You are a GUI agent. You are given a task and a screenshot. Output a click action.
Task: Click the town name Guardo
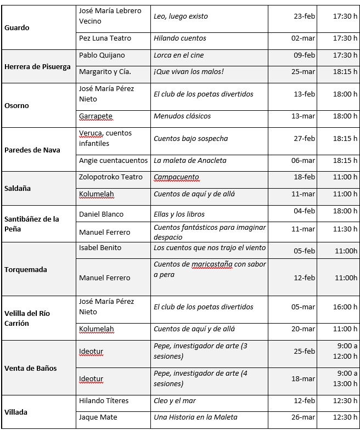[x=17, y=27]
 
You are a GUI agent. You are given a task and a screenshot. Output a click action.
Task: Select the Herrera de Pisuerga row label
[x=37, y=66]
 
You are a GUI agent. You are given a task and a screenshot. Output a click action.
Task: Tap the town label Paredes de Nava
[x=32, y=150]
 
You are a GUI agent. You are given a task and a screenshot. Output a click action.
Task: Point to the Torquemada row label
[x=26, y=269]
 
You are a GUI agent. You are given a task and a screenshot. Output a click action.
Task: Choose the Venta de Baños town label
[x=31, y=368]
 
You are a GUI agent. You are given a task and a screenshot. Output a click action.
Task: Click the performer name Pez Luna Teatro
[x=105, y=38]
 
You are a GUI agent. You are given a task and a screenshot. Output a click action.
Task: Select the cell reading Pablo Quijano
[x=102, y=55]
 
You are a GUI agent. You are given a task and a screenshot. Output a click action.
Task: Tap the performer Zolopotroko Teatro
[x=111, y=177]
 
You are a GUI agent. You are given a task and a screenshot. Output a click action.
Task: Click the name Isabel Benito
[x=100, y=248]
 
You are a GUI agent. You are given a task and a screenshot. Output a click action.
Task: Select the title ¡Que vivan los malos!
[x=189, y=72]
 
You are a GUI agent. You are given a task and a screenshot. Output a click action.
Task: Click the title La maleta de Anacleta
[x=190, y=161]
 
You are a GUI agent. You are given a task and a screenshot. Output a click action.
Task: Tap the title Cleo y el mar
[x=175, y=401]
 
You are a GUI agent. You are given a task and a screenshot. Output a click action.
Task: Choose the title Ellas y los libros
[x=179, y=214]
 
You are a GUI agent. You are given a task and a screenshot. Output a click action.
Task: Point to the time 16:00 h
[x=345, y=307]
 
